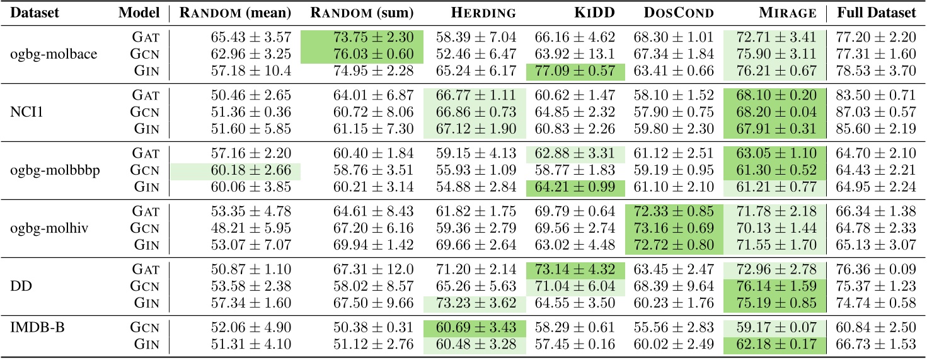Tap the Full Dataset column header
[x=876, y=13]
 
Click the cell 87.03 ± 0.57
[x=876, y=112]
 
